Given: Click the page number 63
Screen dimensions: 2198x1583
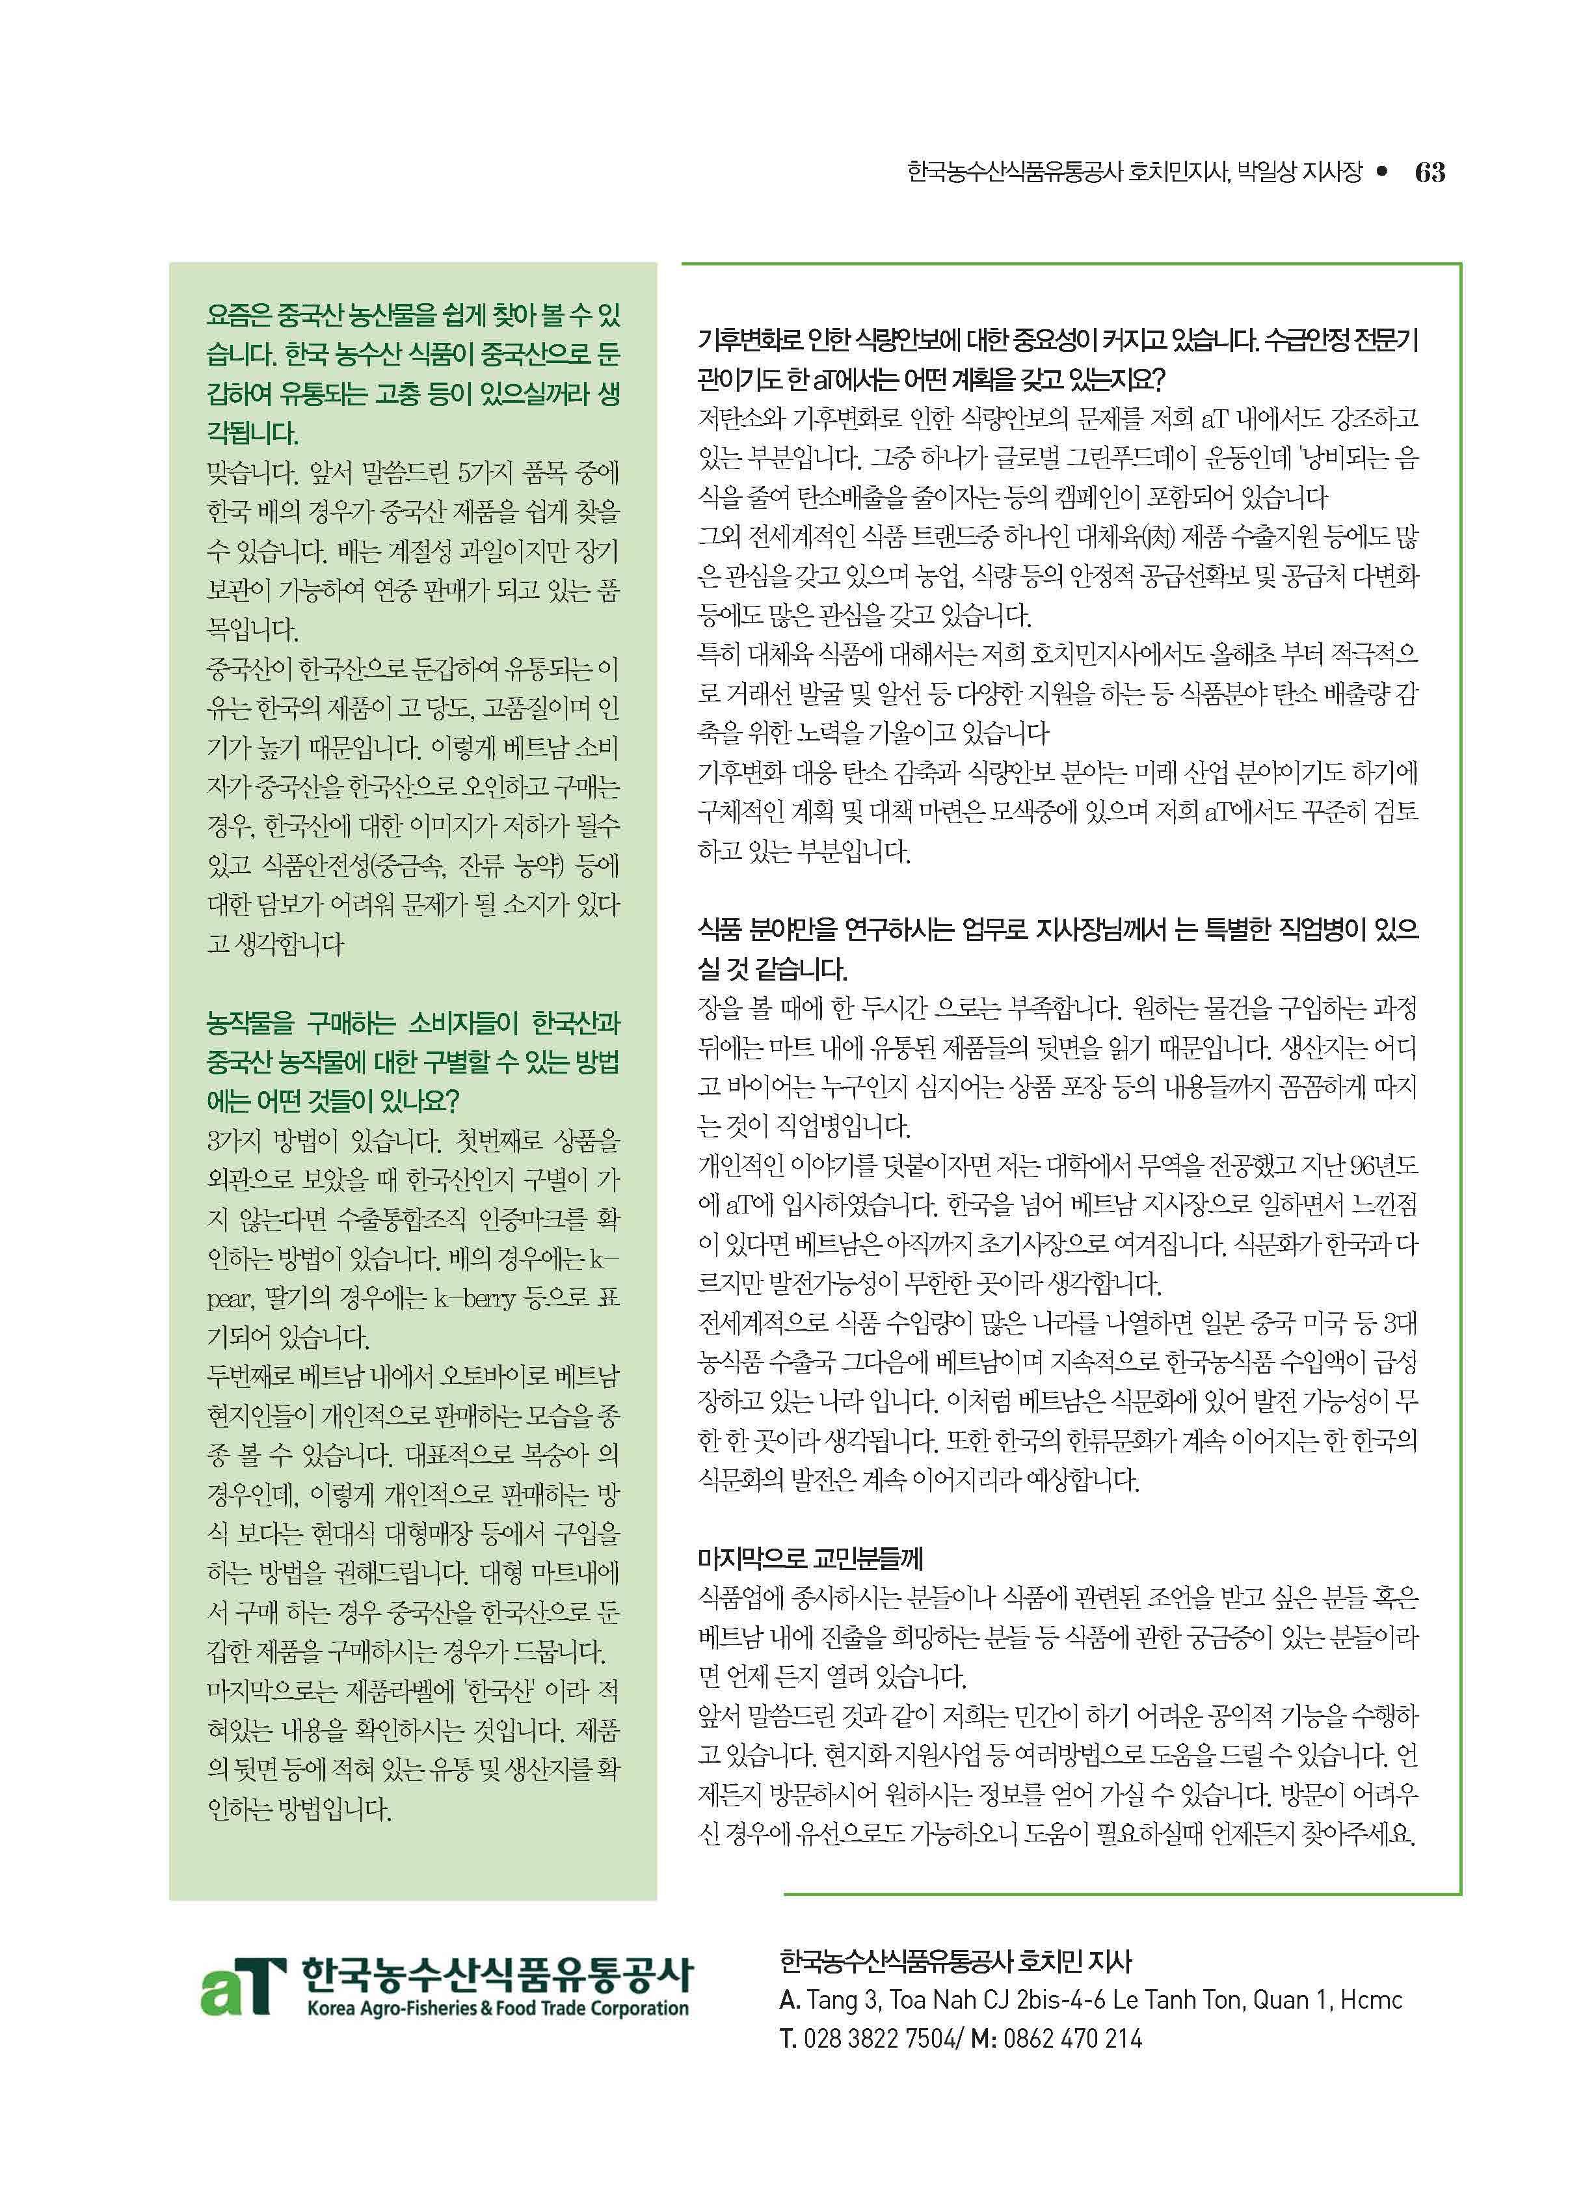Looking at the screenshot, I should pyautogui.click(x=1429, y=172).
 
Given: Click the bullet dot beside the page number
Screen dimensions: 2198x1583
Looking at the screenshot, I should pyautogui.click(x=1383, y=172).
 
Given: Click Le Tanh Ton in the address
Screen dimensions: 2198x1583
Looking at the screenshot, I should pyautogui.click(x=1176, y=2000).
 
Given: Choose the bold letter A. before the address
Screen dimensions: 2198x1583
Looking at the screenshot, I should pyautogui.click(x=789, y=2000).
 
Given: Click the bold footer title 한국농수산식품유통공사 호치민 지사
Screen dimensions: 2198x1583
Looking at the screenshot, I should pyautogui.click(x=954, y=1962).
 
